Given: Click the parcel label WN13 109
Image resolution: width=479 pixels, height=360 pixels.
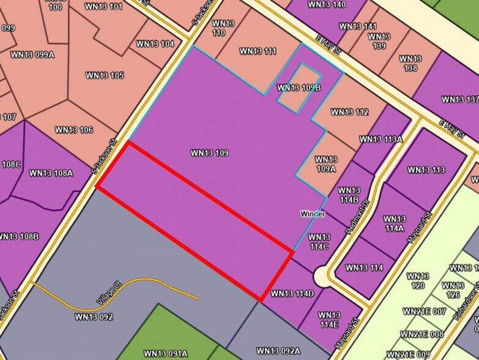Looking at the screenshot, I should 209,152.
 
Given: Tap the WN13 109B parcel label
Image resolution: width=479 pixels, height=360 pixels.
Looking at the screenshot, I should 299,88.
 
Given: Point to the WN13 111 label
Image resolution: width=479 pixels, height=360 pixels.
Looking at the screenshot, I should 258,51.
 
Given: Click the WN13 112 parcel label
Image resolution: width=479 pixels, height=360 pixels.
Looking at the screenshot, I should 349,112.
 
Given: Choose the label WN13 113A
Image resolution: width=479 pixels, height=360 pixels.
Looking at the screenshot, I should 381,139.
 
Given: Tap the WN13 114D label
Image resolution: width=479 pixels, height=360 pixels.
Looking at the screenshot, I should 292,294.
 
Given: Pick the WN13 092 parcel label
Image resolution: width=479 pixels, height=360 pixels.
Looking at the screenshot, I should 94,317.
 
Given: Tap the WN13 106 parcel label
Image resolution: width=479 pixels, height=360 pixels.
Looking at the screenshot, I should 73,130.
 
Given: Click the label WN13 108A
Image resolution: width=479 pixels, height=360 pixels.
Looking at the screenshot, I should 51,173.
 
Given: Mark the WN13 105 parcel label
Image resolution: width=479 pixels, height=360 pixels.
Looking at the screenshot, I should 104,75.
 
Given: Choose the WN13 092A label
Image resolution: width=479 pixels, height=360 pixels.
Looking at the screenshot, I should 278,351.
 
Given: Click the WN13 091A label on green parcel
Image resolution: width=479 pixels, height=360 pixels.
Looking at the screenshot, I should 166,353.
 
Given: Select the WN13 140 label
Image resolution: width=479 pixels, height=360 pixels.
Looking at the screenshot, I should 327,5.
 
